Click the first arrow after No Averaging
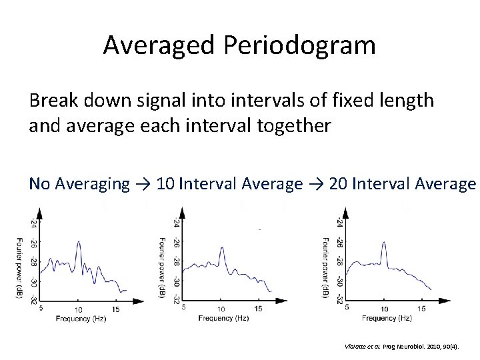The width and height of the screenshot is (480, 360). [x=145, y=183]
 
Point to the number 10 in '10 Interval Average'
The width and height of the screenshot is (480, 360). [x=164, y=183]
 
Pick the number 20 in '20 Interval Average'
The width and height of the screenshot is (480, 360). [x=338, y=183]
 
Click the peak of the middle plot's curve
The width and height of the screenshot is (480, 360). [x=221, y=247]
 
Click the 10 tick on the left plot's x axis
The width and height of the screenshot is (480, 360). [x=78, y=309]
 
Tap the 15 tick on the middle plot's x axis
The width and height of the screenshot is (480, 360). [x=259, y=307]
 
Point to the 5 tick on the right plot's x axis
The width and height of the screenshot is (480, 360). [x=347, y=307]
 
